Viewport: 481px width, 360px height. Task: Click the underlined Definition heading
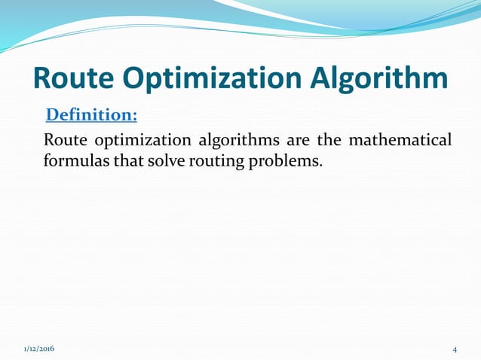point(91,115)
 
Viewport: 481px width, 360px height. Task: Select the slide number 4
point(455,349)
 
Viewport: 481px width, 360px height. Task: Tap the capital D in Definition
point(53,115)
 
